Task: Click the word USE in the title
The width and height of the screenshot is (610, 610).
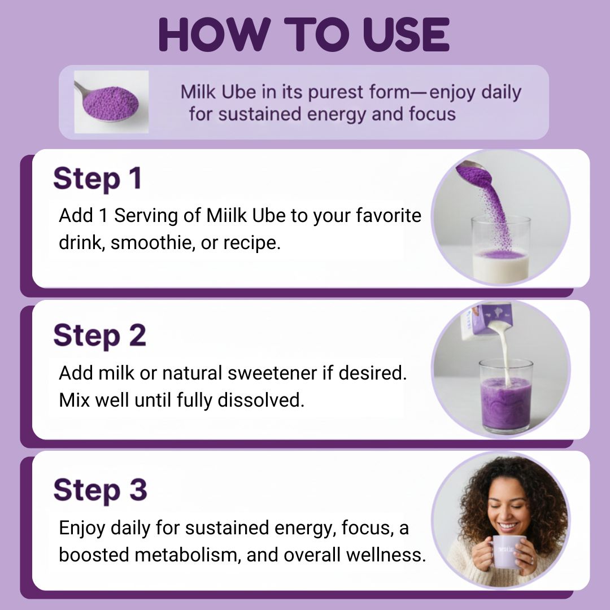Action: (406, 34)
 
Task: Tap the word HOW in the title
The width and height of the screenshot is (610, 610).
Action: (215, 34)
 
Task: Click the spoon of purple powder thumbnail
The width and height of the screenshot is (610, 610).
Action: (111, 102)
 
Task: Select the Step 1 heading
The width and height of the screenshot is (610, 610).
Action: (97, 179)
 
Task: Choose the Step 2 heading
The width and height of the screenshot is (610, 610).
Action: (99, 335)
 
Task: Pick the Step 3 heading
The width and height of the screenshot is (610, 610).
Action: (100, 490)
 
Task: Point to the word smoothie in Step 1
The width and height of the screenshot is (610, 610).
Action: (153, 243)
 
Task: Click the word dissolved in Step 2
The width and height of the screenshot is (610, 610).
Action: (260, 400)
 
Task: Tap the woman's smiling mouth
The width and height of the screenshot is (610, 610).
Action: (508, 526)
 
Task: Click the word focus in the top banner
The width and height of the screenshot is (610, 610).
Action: (432, 114)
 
